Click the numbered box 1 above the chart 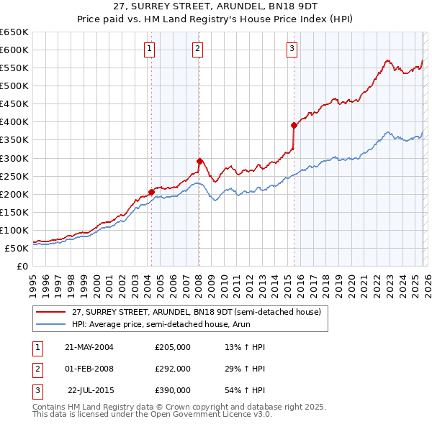149,49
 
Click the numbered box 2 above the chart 197,49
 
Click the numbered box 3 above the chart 292,49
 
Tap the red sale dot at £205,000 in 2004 151,191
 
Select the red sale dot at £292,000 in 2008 199,160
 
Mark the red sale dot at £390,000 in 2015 294,125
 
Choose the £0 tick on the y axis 21,266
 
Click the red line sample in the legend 50,312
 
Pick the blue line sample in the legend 50,325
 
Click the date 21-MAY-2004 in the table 89,347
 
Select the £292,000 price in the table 172,369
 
